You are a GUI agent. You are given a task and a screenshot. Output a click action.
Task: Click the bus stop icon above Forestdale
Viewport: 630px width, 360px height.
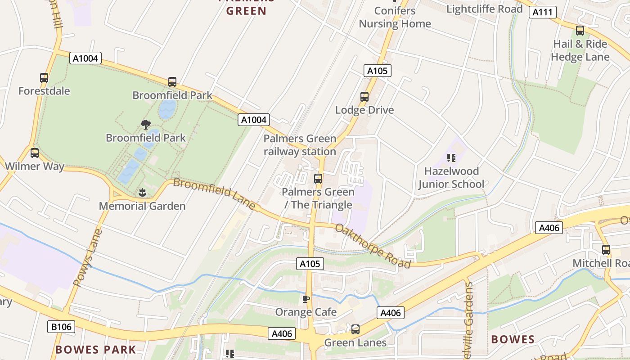pyautogui.click(x=44, y=77)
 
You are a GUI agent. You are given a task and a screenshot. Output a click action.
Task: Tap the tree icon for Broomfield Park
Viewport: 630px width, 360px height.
pyautogui.click(x=145, y=124)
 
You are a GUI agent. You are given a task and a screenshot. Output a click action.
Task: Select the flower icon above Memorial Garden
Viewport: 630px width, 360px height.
pyautogui.click(x=142, y=193)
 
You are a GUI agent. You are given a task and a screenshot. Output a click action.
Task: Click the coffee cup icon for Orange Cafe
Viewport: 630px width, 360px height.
pyautogui.click(x=306, y=299)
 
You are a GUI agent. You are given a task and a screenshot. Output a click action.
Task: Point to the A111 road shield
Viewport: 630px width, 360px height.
pyautogui.click(x=542, y=12)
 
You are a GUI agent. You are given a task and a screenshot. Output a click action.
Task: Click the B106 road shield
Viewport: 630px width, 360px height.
pyautogui.click(x=61, y=326)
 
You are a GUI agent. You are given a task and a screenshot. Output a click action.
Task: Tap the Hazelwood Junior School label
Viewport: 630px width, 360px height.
pyautogui.click(x=451, y=178)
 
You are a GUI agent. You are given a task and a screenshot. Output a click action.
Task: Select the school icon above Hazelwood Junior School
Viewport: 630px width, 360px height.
pyautogui.click(x=451, y=158)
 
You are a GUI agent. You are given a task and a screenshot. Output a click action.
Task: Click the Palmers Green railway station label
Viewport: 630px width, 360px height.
pyautogui.click(x=300, y=145)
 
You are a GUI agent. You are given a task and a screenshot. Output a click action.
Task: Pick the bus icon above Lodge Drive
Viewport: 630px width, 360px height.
pyautogui.click(x=364, y=97)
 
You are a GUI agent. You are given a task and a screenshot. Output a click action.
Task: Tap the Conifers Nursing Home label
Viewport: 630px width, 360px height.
pyautogui.click(x=395, y=17)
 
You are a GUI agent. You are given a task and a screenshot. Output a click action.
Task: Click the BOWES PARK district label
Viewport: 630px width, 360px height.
pyautogui.click(x=95, y=350)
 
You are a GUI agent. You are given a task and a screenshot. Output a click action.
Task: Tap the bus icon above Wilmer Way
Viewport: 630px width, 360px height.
pyautogui.click(x=35, y=153)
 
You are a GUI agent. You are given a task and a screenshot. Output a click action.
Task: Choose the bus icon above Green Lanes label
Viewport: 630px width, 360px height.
pyautogui.click(x=355, y=329)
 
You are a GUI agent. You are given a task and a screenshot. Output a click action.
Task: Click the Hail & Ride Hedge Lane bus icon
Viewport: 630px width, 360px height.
pyautogui.click(x=580, y=31)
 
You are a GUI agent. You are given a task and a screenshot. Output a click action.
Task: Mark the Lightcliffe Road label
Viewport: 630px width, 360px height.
pyautogui.click(x=484, y=9)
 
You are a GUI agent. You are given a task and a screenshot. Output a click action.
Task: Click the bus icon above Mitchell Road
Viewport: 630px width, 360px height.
pyautogui.click(x=606, y=250)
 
